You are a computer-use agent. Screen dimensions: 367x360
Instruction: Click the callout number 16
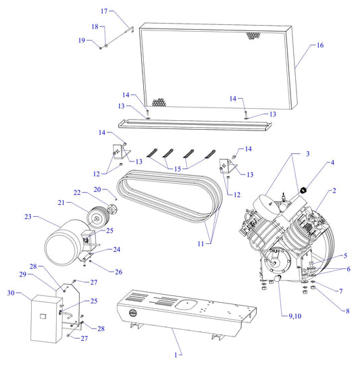[x=320, y=45]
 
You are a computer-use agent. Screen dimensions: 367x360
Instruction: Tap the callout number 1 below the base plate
[x=178, y=354]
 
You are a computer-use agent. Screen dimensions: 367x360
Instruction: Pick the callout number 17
[x=104, y=11]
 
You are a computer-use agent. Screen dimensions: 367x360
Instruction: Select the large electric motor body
[x=63, y=243]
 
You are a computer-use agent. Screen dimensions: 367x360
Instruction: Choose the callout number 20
[x=97, y=189]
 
